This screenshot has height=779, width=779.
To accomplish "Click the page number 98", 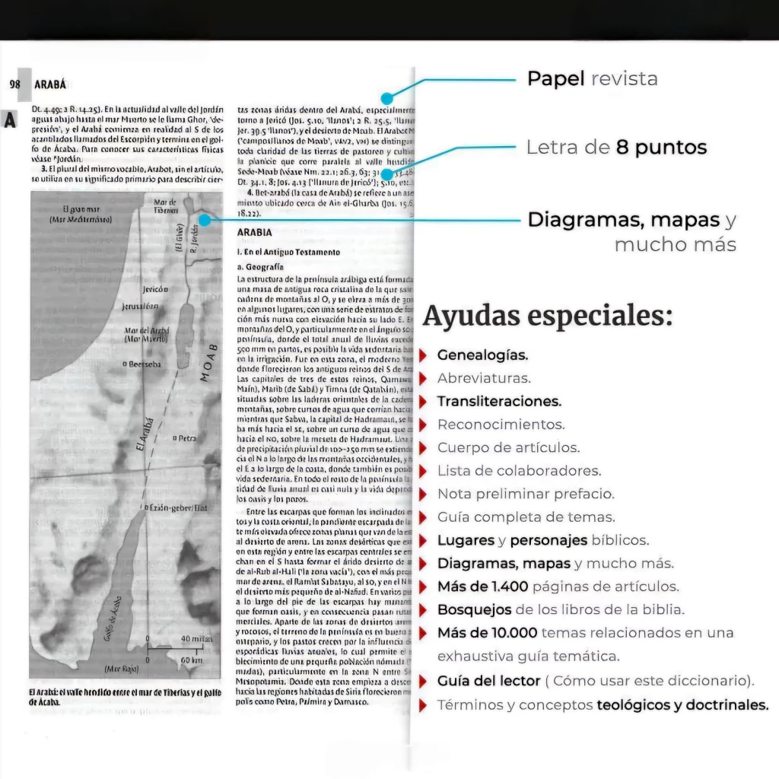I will click(x=14, y=84).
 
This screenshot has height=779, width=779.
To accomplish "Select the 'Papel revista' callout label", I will click(x=592, y=78).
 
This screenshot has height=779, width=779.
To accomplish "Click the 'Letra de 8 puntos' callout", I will click(x=616, y=148).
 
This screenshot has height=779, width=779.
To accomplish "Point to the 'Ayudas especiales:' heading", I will click(x=547, y=316).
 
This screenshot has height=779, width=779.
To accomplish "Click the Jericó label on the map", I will click(x=154, y=290).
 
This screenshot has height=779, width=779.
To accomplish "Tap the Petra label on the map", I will click(x=185, y=439).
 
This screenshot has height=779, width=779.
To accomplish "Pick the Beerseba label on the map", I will click(x=141, y=364).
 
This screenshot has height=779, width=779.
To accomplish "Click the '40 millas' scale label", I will click(x=196, y=640).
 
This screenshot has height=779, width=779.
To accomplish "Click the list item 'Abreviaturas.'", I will click(x=484, y=378).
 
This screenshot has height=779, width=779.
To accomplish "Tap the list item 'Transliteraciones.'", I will click(x=499, y=401).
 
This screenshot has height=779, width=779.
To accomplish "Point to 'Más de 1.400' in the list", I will click(x=482, y=587).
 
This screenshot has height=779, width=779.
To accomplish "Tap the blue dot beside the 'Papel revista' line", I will click(x=387, y=98).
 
